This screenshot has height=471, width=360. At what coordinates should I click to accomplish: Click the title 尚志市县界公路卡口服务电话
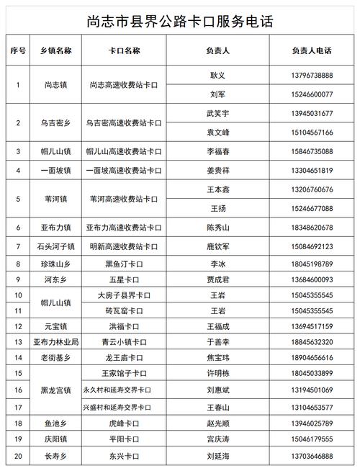179,17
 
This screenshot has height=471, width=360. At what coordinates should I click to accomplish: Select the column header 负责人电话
312,52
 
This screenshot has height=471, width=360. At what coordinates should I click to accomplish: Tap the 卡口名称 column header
123,52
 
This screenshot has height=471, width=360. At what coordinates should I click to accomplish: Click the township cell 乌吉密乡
57,123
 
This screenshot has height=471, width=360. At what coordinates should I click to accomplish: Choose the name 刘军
217,94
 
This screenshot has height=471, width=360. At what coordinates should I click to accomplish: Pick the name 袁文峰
217,133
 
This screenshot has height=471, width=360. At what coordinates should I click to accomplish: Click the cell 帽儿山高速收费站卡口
123,152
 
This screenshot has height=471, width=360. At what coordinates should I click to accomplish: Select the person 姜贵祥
217,171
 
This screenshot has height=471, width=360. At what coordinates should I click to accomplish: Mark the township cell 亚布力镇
57,228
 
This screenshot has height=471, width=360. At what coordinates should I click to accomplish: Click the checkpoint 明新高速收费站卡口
123,246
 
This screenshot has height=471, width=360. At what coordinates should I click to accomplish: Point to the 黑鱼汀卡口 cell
123,264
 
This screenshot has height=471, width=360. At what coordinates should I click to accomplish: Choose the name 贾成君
217,279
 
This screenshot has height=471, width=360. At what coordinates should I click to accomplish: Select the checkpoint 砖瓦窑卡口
123,311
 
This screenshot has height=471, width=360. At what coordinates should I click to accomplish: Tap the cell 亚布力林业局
57,342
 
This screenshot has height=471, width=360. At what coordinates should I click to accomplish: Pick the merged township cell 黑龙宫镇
57,390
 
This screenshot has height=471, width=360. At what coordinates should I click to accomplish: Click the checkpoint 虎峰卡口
123,423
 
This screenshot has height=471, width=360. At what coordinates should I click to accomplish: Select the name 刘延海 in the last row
217,455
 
